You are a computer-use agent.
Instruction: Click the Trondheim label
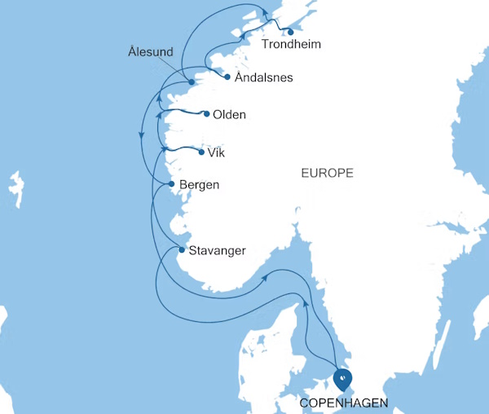[291, 46]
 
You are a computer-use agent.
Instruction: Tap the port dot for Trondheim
[291, 32]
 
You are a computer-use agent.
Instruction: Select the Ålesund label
[151, 52]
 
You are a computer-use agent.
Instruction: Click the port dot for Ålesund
[190, 81]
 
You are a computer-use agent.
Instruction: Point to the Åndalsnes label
[263, 78]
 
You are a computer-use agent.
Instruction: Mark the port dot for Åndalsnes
[227, 77]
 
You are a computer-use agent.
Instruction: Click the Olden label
[228, 115]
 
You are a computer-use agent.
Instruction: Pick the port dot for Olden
[206, 114]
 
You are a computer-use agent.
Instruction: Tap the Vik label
[216, 152]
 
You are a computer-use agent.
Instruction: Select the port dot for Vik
[201, 151]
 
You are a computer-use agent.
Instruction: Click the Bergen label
[199, 185]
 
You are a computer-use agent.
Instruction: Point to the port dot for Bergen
[171, 184]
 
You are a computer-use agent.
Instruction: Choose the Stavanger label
[217, 250]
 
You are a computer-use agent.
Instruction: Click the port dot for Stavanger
[181, 249]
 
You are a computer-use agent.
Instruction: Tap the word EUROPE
[327, 173]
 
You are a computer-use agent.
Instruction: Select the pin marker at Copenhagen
[343, 378]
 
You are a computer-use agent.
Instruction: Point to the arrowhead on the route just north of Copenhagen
[306, 302]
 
